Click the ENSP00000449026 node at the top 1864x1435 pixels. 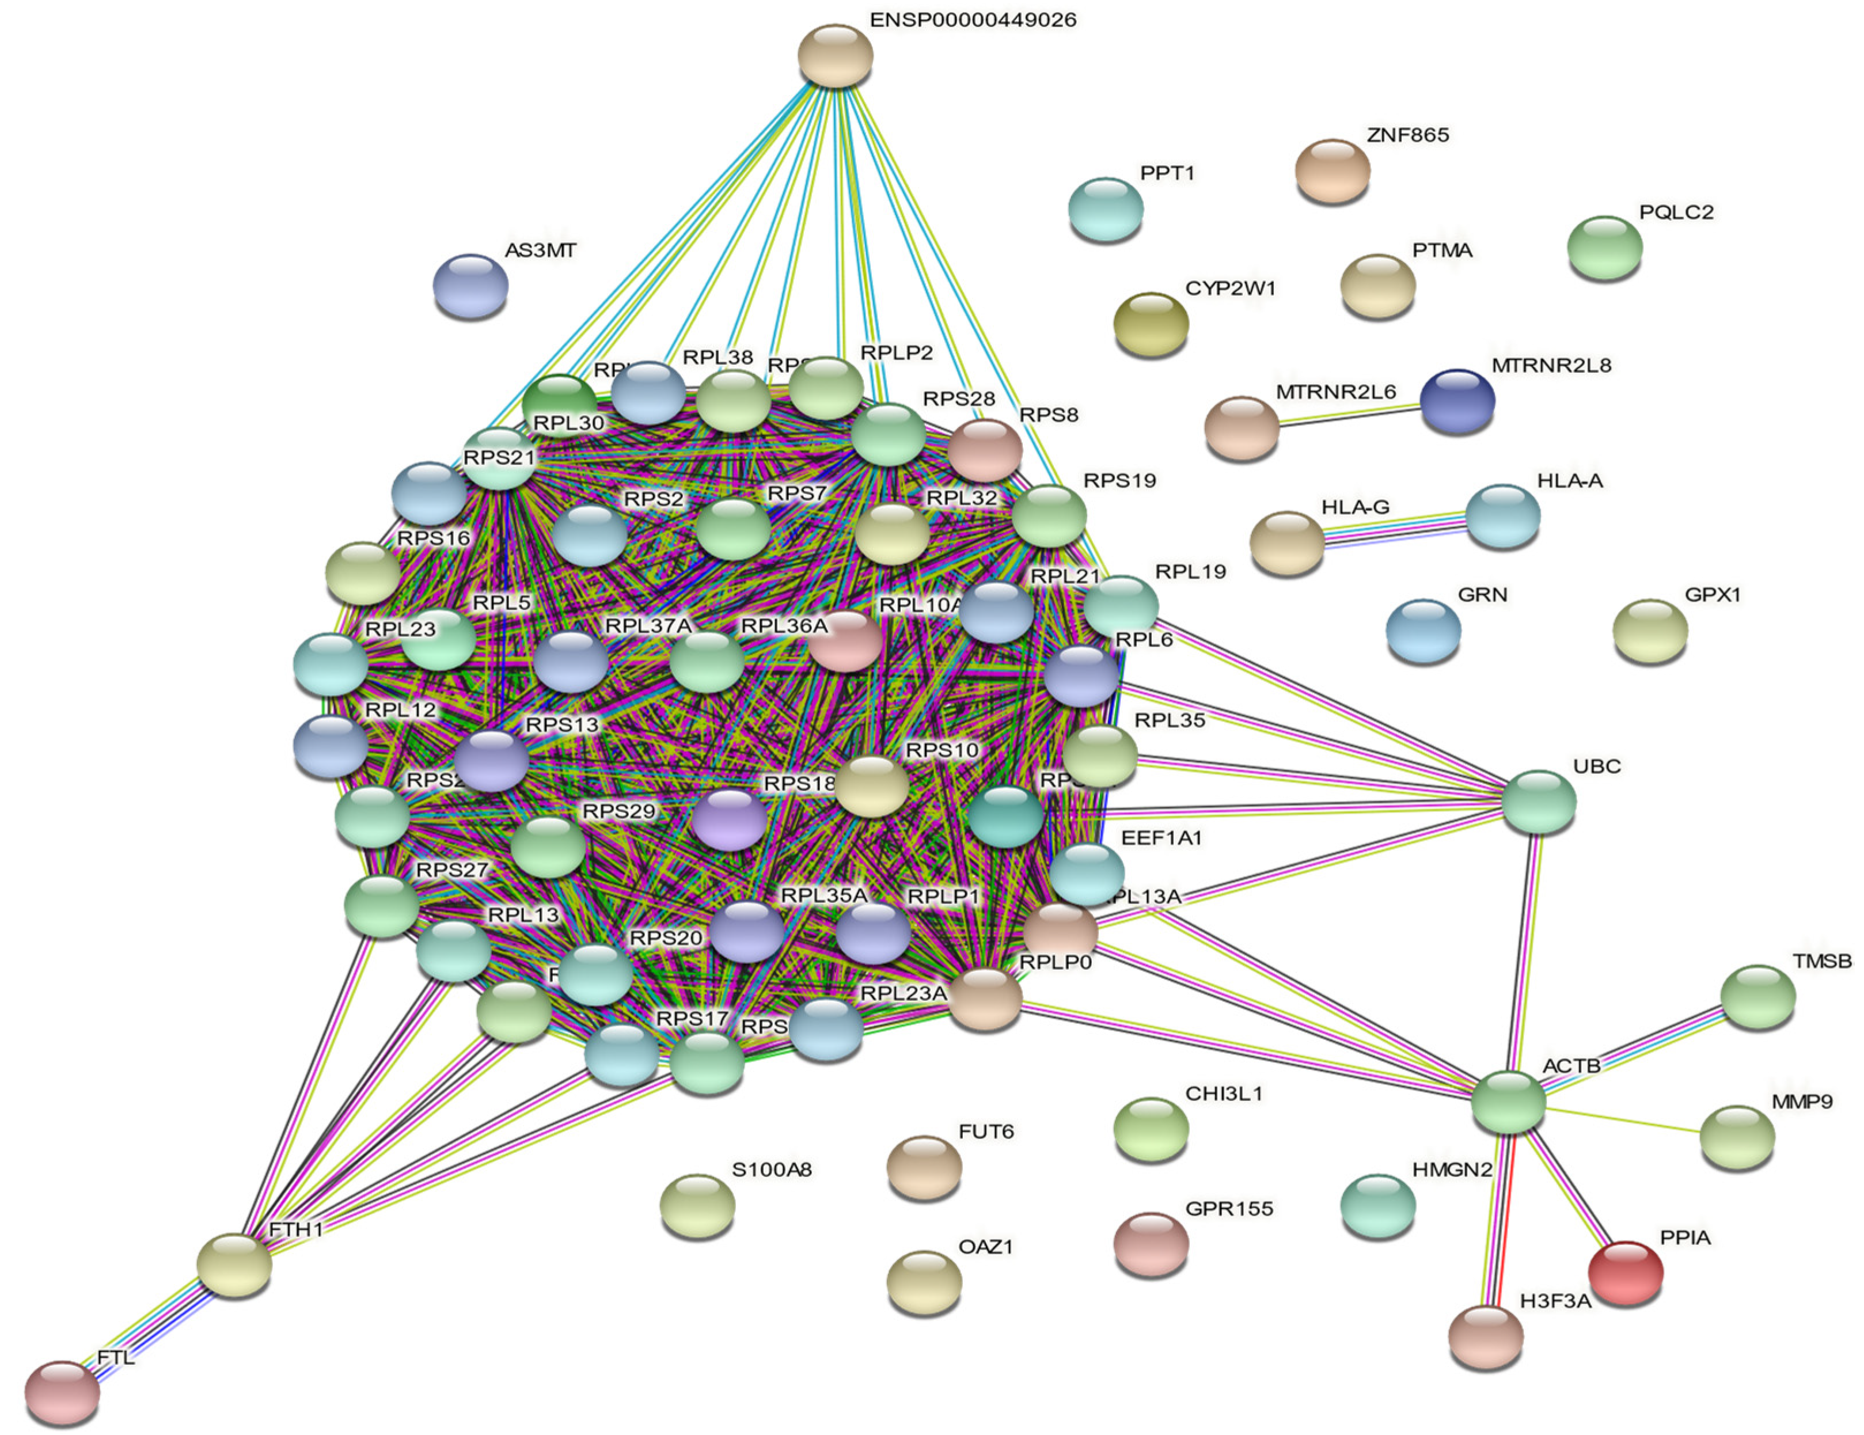click(x=835, y=55)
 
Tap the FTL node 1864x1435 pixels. click(x=62, y=1392)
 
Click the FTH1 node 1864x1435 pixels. click(x=234, y=1265)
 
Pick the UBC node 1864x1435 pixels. click(x=1538, y=801)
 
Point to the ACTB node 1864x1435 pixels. click(x=1508, y=1102)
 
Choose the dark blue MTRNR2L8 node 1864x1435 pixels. click(x=1457, y=400)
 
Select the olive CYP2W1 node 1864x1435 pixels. click(x=1151, y=324)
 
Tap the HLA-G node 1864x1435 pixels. click(x=1286, y=543)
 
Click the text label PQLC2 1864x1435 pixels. click(x=1675, y=212)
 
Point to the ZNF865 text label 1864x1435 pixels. click(x=1407, y=135)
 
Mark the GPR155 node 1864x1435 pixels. click(x=1151, y=1244)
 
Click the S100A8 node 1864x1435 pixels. click(x=697, y=1205)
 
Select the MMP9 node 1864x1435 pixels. click(x=1736, y=1136)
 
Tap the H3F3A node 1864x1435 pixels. click(x=1485, y=1336)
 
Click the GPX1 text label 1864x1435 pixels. click(x=1712, y=595)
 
